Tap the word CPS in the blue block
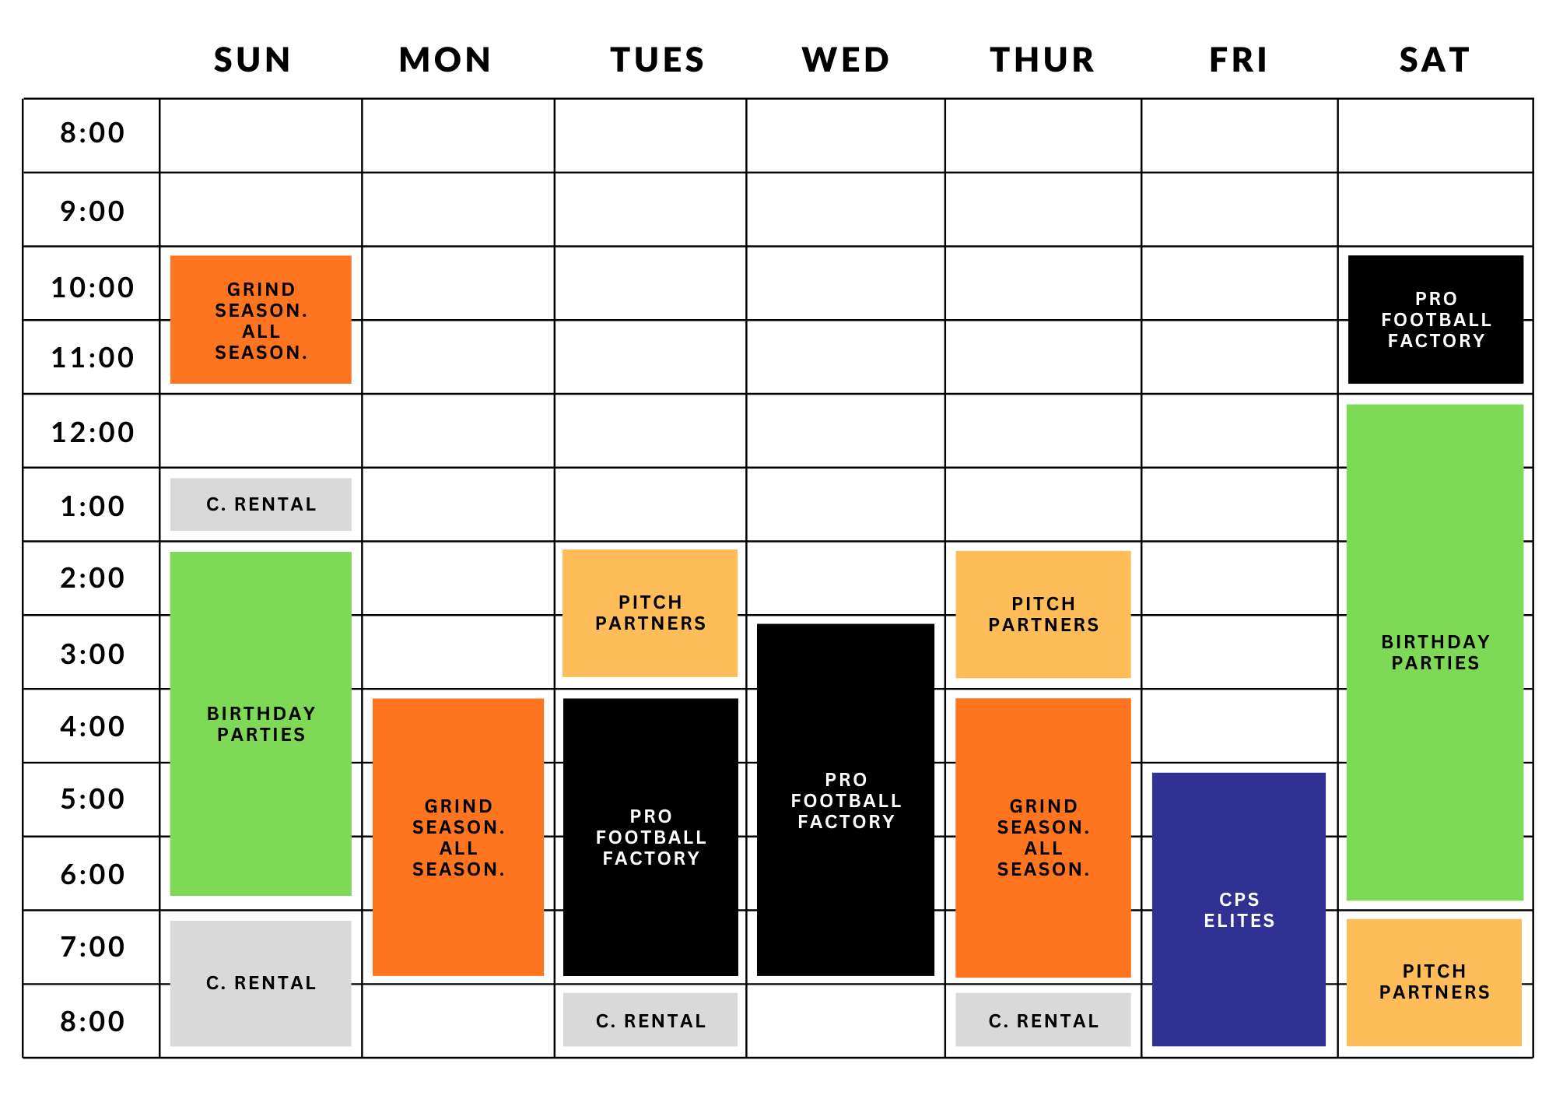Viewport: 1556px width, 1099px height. [x=1239, y=900]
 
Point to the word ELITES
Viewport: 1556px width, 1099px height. [x=1239, y=921]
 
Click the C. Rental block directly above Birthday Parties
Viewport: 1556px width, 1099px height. [x=261, y=504]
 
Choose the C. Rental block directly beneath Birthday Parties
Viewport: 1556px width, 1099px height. [x=261, y=983]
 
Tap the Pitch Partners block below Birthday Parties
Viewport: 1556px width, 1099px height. [x=1434, y=982]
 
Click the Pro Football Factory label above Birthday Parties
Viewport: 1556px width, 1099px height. [x=1436, y=320]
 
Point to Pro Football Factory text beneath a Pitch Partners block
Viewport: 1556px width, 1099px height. [x=651, y=837]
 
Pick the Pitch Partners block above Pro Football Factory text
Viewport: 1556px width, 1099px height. [x=650, y=613]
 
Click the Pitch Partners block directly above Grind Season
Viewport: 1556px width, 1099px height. [x=1043, y=614]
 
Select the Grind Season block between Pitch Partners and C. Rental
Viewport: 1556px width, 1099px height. [x=1043, y=837]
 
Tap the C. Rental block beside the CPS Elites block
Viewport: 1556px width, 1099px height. [x=1043, y=1020]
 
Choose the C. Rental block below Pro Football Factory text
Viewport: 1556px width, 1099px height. [x=650, y=1020]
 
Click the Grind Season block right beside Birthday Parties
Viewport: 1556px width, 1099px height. [x=458, y=837]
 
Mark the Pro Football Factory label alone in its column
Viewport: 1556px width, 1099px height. [x=846, y=801]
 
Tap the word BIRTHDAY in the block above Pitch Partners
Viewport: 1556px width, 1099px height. [x=1435, y=642]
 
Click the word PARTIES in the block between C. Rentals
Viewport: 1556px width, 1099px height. [x=261, y=735]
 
